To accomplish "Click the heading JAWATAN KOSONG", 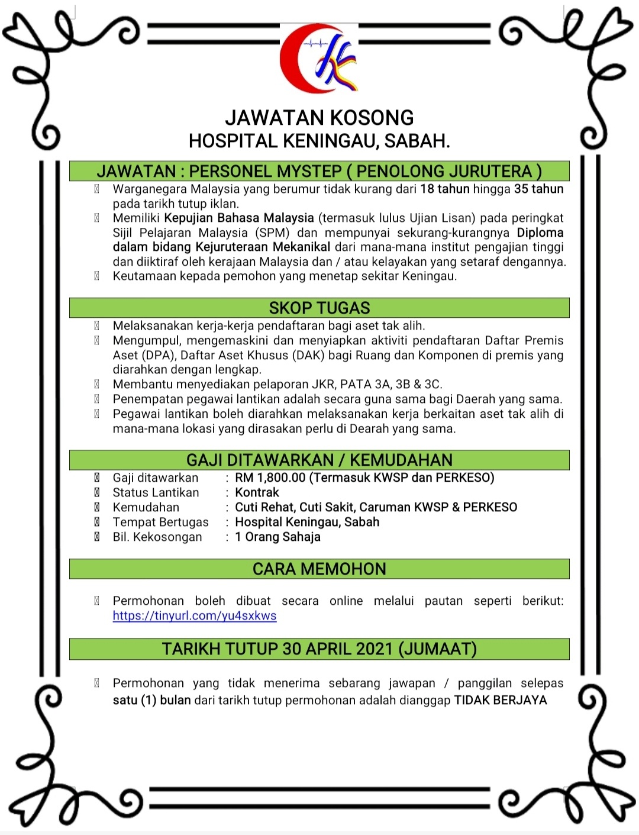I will pyautogui.click(x=319, y=117).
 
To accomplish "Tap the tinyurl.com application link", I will pyautogui.click(x=195, y=615).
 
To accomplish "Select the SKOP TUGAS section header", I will pyautogui.click(x=319, y=308).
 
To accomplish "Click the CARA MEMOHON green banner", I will pyautogui.click(x=319, y=569).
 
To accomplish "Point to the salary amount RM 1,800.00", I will pyautogui.click(x=270, y=478).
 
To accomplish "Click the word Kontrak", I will pyautogui.click(x=257, y=492).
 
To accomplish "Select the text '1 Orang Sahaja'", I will pyautogui.click(x=277, y=537).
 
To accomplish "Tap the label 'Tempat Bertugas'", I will pyautogui.click(x=160, y=522).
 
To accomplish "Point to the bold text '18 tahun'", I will pyautogui.click(x=444, y=189).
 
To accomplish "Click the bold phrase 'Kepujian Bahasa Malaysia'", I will pyautogui.click(x=239, y=218).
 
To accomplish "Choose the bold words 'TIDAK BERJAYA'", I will pyautogui.click(x=500, y=700).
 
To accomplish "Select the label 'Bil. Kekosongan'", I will pyautogui.click(x=157, y=537).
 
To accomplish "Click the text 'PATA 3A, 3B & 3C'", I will pyautogui.click(x=390, y=384).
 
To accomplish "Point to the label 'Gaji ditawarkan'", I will pyautogui.click(x=156, y=478).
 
